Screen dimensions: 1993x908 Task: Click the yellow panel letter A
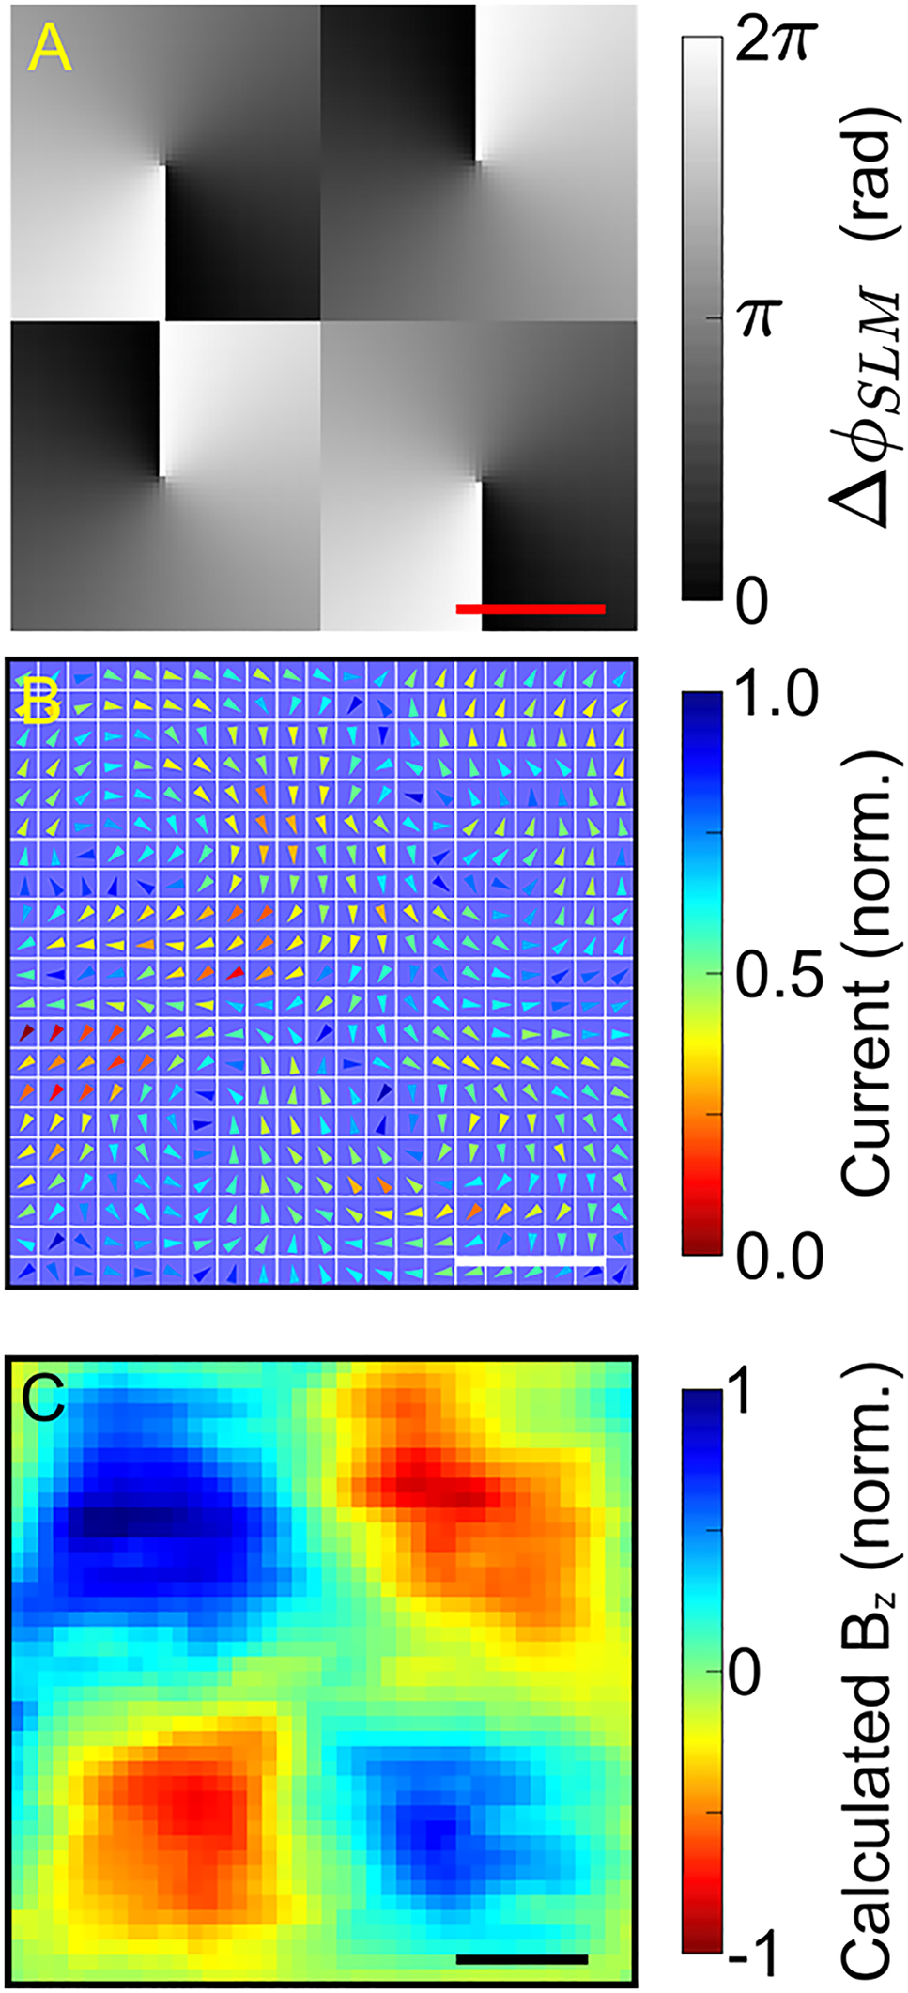pos(49,49)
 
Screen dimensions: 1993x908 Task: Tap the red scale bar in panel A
pos(531,609)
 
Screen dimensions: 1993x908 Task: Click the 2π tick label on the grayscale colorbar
pos(772,42)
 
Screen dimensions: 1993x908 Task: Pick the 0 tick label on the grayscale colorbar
pos(751,601)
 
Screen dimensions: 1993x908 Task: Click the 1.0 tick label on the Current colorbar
pos(777,695)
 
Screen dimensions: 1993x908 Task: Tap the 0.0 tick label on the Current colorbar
pos(778,1256)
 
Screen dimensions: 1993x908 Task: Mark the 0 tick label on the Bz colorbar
pos(745,1673)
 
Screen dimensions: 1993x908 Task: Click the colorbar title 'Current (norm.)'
pos(866,974)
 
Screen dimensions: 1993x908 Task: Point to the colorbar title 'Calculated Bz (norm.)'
pos(868,1672)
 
